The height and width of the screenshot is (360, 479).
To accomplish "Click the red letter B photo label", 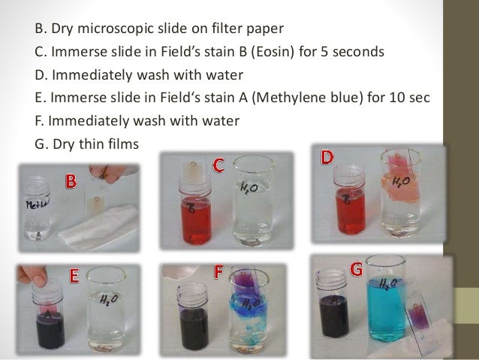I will click(x=71, y=180).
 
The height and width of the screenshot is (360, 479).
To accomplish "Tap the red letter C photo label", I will click(x=218, y=165).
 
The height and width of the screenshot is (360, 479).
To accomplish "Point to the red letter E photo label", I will click(x=74, y=276).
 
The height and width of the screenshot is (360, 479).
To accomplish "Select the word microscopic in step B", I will click(x=114, y=32).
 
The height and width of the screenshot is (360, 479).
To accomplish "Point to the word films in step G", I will click(x=122, y=141).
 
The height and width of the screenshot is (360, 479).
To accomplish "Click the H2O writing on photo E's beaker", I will click(x=108, y=301).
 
